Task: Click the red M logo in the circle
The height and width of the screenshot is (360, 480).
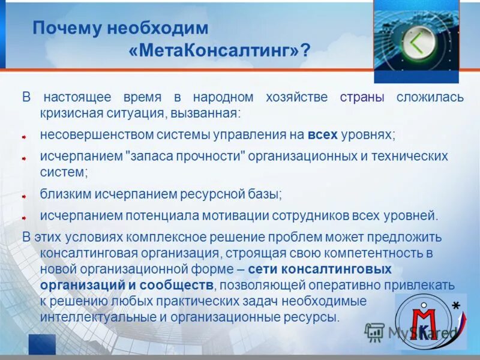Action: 427,323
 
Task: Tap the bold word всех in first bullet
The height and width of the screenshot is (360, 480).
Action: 323,134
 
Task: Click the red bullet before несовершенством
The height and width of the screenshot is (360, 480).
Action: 25,137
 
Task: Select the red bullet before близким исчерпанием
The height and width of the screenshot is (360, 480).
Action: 25,196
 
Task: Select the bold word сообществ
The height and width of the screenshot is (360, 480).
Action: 182,284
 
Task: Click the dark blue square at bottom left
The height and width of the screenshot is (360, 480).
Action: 41,344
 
